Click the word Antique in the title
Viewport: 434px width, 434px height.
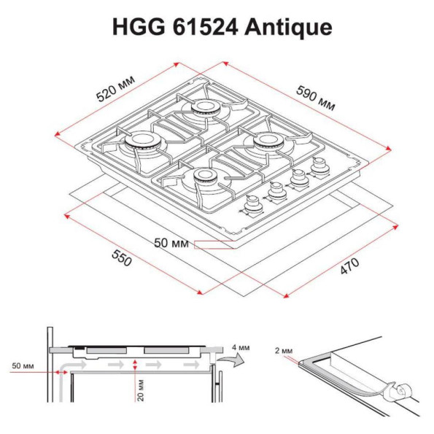click(x=288, y=27)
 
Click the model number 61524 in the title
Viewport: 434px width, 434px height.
click(x=206, y=27)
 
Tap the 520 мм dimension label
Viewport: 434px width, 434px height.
click(x=115, y=88)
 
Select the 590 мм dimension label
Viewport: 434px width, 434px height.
click(x=316, y=98)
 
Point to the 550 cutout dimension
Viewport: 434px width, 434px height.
click(x=122, y=258)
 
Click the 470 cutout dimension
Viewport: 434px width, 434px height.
click(x=349, y=266)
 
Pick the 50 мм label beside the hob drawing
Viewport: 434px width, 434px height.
click(x=171, y=243)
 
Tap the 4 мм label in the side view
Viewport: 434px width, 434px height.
click(x=241, y=347)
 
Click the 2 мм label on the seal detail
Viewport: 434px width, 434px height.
click(x=284, y=351)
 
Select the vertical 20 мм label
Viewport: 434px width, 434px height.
click(x=141, y=390)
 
